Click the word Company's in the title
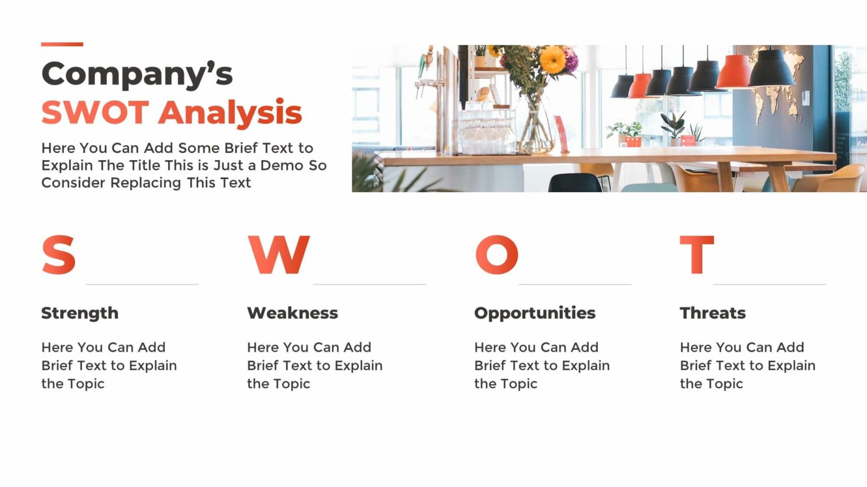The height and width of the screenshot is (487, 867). pyautogui.click(x=137, y=74)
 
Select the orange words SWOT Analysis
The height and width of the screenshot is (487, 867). pyautogui.click(x=172, y=113)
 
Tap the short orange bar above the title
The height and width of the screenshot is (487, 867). pyautogui.click(x=62, y=45)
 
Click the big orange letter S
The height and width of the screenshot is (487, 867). pyautogui.click(x=59, y=255)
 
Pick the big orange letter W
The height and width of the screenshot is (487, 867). pyautogui.click(x=278, y=255)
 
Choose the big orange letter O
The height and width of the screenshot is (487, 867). pyautogui.click(x=497, y=255)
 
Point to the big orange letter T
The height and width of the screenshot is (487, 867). pyautogui.click(x=697, y=255)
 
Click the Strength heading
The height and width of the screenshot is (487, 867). pyautogui.click(x=80, y=313)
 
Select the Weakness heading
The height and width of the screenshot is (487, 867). pyautogui.click(x=292, y=313)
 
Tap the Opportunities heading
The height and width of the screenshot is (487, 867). pyautogui.click(x=535, y=313)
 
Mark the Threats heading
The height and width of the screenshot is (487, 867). pyautogui.click(x=712, y=313)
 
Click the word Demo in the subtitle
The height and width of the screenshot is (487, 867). pyautogui.click(x=282, y=165)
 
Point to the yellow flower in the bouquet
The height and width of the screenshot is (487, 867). pyautogui.click(x=553, y=60)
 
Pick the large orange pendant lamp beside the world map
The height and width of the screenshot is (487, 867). pyautogui.click(x=734, y=72)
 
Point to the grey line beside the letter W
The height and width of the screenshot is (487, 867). pyautogui.click(x=369, y=285)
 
